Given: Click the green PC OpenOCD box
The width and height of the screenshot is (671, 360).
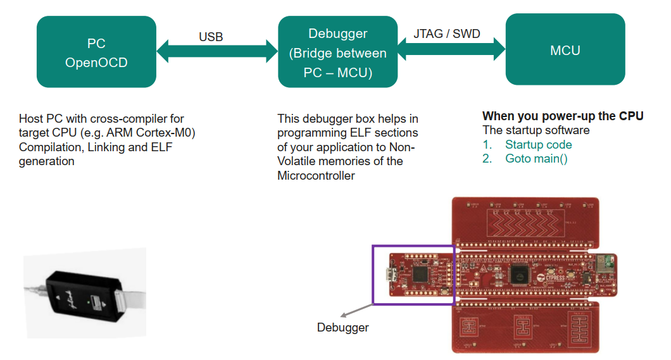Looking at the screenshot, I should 96,53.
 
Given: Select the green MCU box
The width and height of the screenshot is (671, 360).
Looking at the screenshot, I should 565,50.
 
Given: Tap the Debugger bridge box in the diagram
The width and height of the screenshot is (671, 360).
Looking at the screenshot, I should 337,53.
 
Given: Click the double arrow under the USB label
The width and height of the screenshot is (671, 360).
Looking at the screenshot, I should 217,51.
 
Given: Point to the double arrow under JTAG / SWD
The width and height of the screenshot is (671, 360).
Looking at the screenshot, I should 451,47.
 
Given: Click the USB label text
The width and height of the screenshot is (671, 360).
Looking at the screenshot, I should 211,37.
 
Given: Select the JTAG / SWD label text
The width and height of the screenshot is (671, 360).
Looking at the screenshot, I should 446,34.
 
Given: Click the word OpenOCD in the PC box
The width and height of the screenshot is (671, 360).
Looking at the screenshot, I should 96,63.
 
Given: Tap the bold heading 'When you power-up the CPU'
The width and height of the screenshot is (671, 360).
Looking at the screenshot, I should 563,116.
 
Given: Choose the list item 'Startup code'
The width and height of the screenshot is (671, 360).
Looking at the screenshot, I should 538,144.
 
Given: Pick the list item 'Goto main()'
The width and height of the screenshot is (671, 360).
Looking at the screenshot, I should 536,158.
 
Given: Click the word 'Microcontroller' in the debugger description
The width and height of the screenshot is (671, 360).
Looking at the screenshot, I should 316,175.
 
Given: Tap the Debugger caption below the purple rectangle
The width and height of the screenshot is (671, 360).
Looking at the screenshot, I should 342,327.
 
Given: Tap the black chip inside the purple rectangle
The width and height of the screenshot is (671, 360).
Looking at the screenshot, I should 419,274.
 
